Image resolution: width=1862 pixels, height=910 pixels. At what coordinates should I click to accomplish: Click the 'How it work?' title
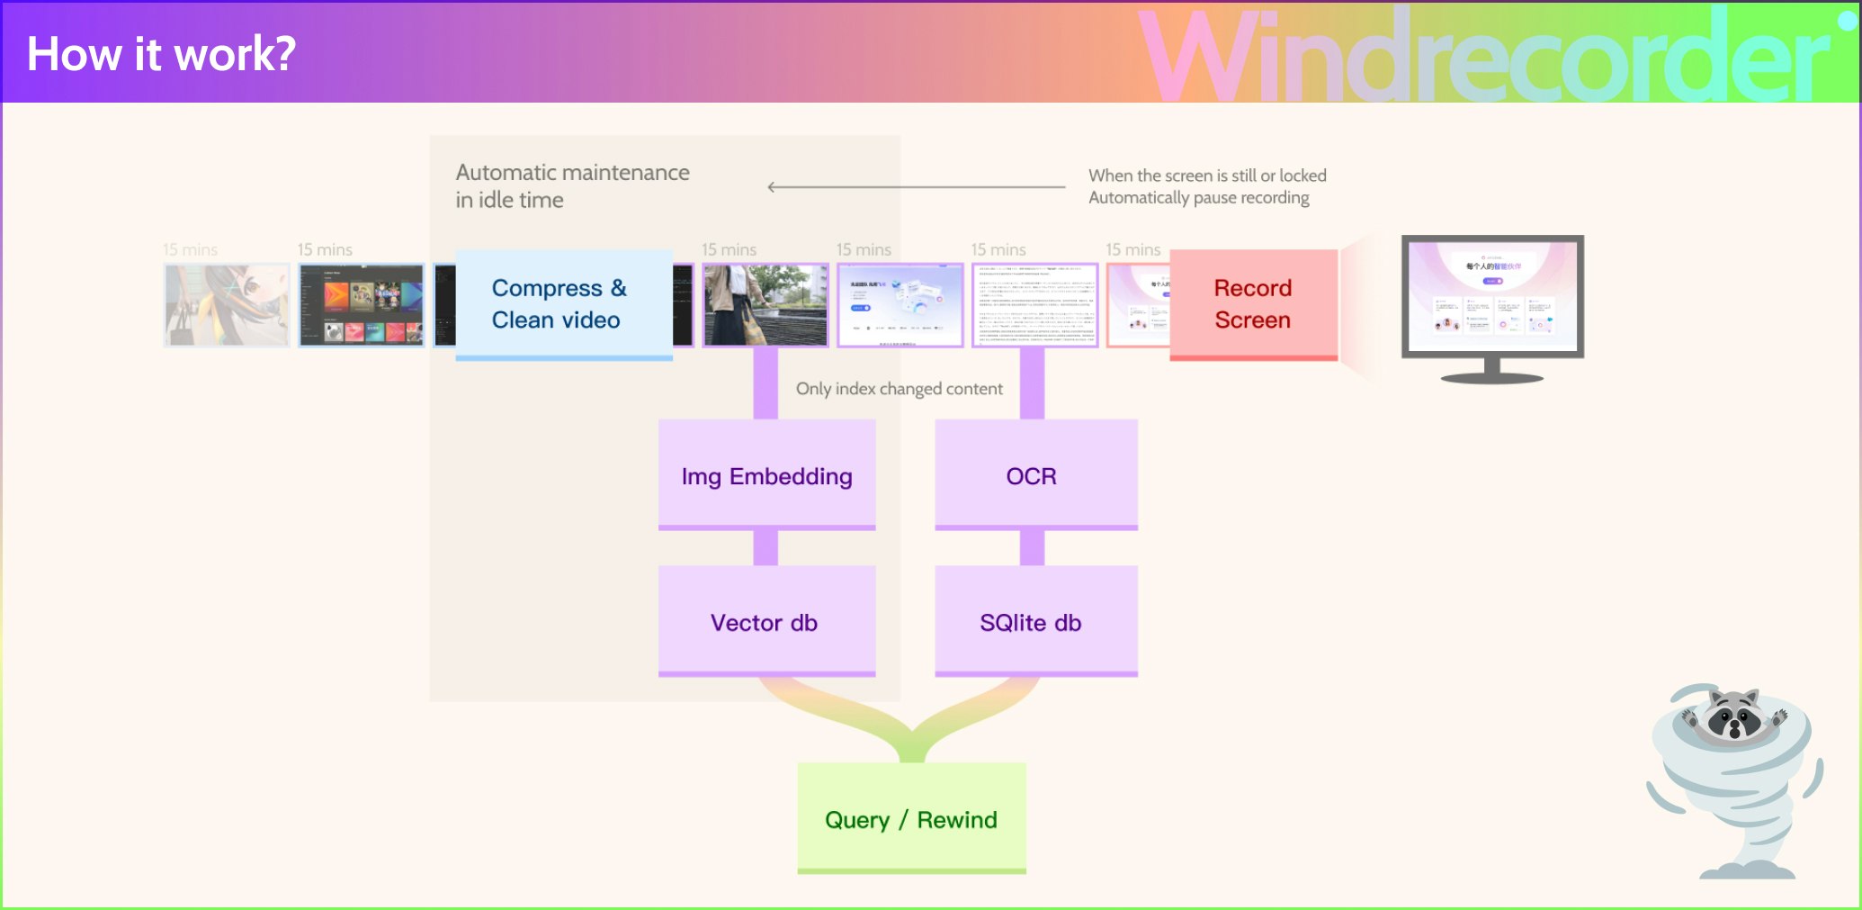coord(161,54)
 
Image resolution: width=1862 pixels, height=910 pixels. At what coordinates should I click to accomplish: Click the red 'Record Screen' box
coord(1252,304)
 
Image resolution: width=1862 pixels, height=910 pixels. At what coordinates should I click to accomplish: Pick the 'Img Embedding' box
coord(766,475)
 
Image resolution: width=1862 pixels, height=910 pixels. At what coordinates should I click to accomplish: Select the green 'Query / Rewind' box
coord(910,818)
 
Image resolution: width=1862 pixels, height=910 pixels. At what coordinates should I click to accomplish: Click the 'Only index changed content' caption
coord(899,389)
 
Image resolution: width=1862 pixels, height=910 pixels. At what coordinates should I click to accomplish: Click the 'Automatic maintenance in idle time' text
coord(572,186)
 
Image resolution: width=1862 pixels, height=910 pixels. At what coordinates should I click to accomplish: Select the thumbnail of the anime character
coord(227,305)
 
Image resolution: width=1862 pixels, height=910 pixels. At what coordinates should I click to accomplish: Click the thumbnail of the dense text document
coord(1034,305)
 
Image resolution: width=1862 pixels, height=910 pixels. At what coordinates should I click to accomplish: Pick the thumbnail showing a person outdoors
coord(765,305)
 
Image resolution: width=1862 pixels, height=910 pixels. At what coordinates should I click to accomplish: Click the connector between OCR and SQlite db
coord(1032,547)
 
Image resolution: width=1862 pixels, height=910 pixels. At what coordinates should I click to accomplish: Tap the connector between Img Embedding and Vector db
coord(765,547)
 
